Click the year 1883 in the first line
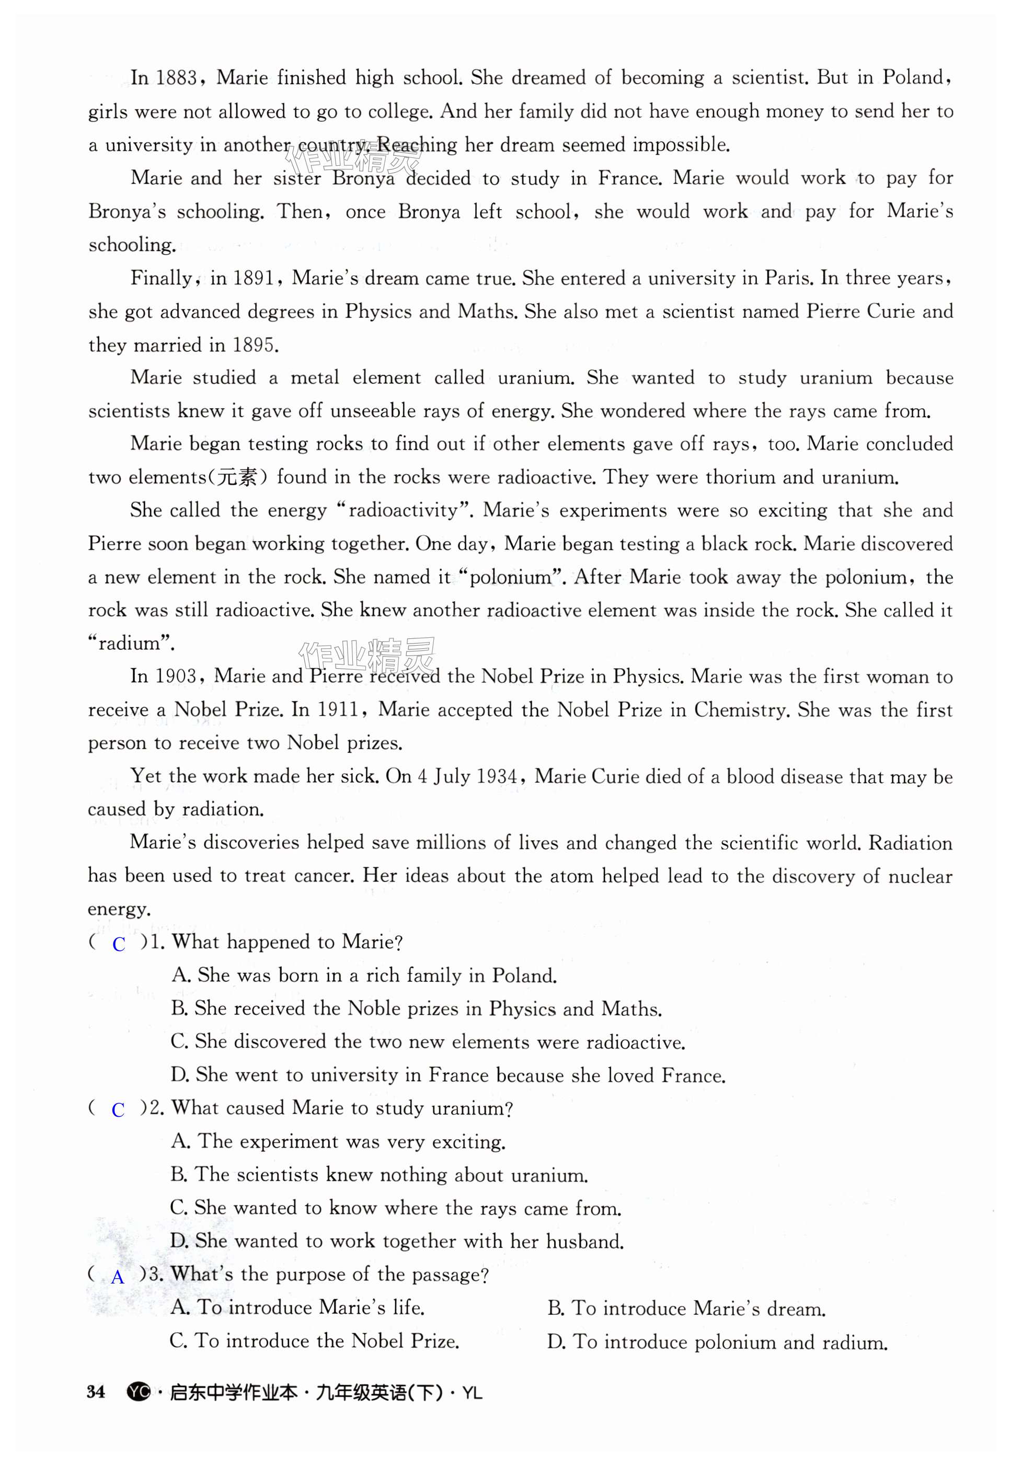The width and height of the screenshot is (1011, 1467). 176,78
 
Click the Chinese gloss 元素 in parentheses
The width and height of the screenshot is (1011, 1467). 237,477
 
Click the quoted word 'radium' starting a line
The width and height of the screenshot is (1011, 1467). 131,644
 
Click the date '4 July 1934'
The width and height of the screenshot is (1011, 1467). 468,776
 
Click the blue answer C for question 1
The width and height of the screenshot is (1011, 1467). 119,944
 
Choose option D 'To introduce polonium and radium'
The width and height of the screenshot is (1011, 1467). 718,1343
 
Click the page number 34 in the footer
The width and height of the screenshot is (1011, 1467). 96,1392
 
